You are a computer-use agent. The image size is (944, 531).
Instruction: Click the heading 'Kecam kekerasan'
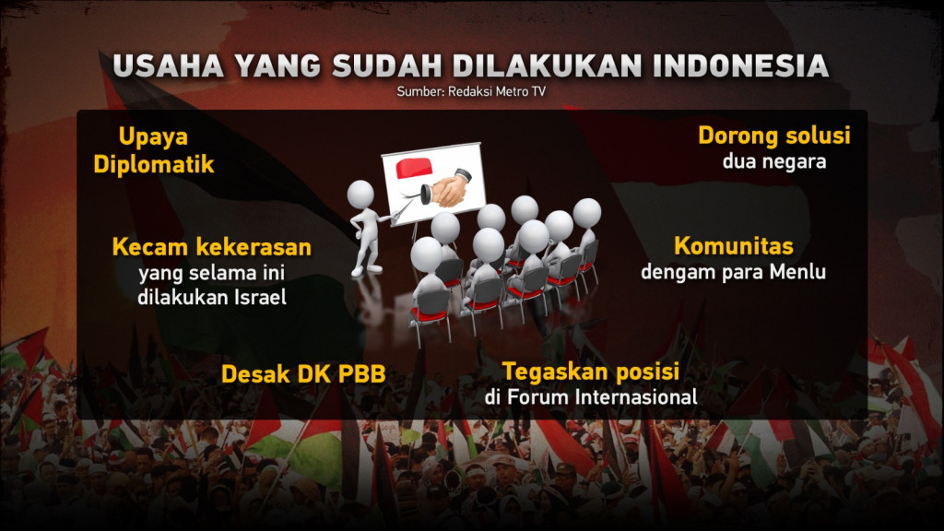[x=211, y=247]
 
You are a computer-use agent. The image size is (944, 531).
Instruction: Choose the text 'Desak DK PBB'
[x=302, y=373]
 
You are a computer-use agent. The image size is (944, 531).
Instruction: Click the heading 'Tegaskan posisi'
[x=590, y=372]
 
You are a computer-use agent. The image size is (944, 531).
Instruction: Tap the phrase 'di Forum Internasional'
[x=590, y=397]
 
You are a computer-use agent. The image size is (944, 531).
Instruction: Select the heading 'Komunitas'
[x=734, y=246]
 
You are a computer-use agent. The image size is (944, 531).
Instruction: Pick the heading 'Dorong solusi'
[x=773, y=136]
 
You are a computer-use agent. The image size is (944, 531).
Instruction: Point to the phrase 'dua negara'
[x=773, y=161]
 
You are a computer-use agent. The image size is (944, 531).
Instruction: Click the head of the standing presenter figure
[x=360, y=194]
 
